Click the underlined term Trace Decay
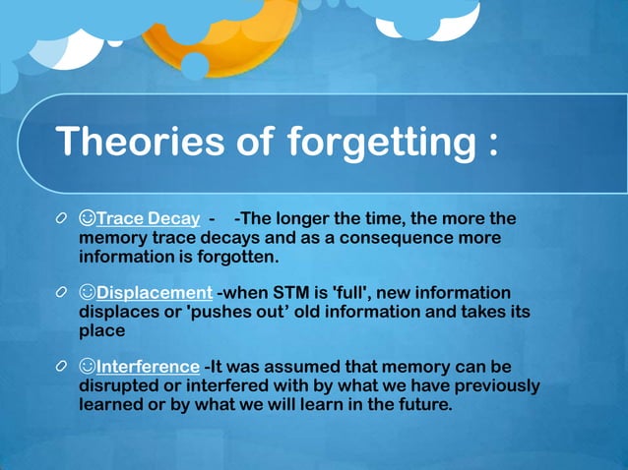149,217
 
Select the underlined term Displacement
155,293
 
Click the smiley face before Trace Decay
87,217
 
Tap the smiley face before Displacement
87,293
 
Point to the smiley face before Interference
87,367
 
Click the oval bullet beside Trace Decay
62,217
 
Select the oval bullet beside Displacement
62,293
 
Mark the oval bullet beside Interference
62,367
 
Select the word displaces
118,313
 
